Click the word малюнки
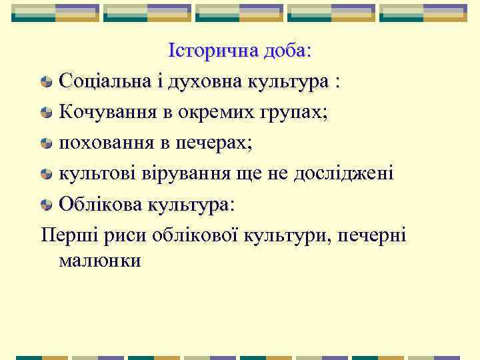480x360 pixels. [99, 260]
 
